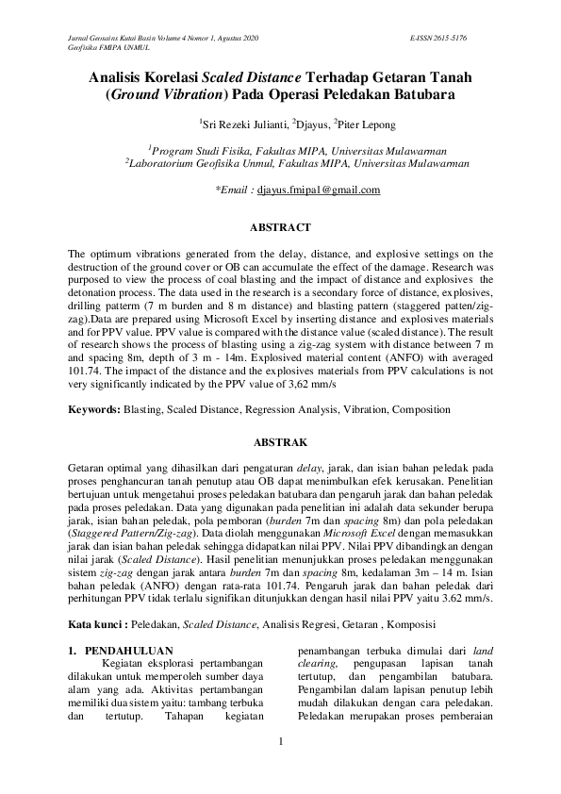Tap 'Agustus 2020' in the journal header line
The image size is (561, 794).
tap(238, 37)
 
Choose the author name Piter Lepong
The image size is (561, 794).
tap(367, 124)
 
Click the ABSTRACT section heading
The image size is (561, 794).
tap(280, 227)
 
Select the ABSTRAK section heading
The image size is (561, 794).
tap(280, 440)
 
